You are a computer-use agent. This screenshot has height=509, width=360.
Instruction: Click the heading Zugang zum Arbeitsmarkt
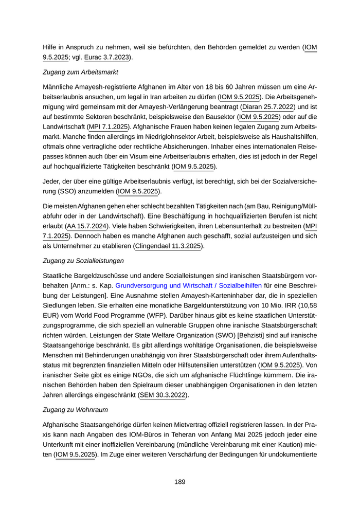[x=80, y=71]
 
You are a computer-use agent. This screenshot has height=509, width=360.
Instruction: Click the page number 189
[x=179, y=482]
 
